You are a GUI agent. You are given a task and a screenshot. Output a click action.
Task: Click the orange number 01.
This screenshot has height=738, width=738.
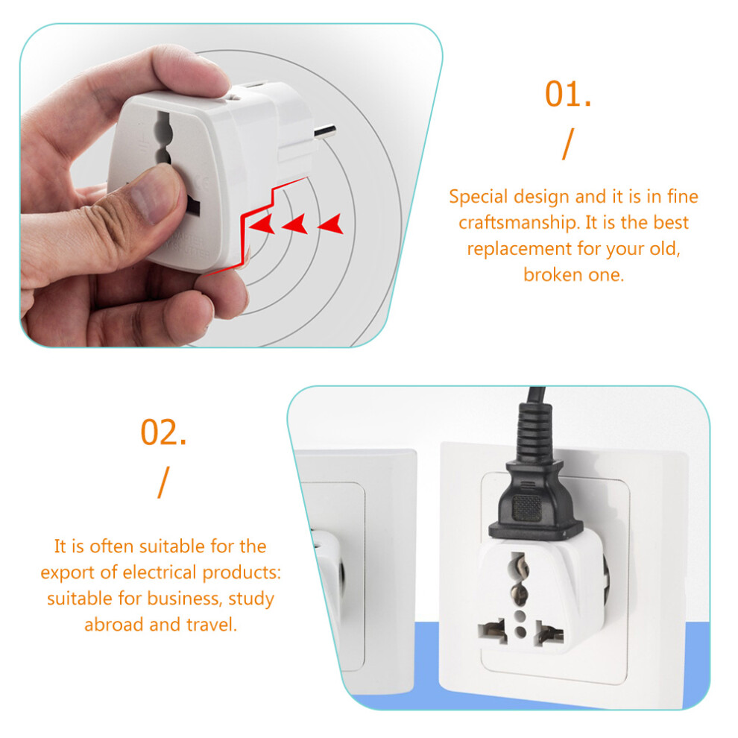pos(567,94)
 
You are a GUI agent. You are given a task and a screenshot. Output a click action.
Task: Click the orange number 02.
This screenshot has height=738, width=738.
pos(163,432)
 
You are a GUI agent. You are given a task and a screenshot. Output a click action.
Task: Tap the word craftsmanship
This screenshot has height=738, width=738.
pos(518,223)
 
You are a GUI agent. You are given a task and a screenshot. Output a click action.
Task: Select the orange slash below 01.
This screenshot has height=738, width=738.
pos(568,144)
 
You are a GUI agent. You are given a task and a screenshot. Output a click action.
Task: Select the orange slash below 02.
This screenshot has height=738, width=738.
pos(163,482)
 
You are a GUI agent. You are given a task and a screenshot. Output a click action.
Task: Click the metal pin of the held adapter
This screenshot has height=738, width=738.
pos(325,131)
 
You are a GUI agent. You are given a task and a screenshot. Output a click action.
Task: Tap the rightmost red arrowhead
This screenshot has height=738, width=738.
pos(331,224)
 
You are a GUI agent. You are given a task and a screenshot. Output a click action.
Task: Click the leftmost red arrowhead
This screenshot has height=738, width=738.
pos(262,224)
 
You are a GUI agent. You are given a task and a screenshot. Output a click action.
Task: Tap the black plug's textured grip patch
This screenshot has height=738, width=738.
pos(527,508)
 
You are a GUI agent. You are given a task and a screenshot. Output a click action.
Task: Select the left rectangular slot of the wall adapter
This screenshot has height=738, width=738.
pos(492,631)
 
